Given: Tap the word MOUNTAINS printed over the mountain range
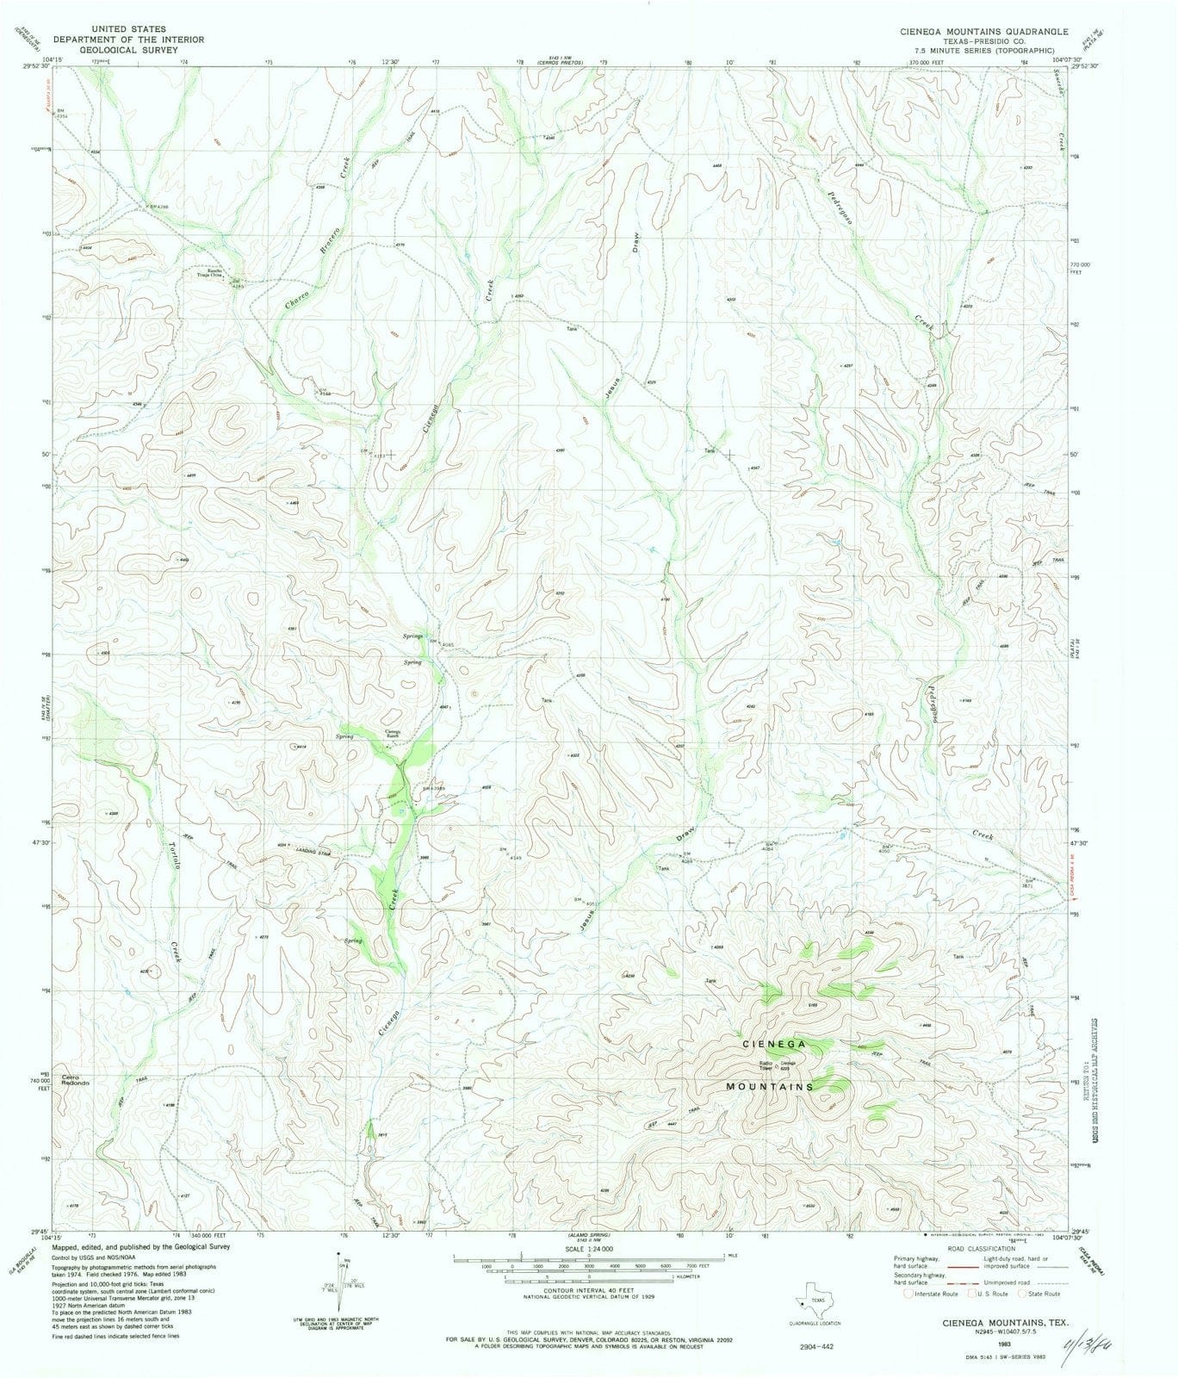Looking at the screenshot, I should [x=770, y=1087].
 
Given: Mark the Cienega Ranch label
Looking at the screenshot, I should [x=392, y=735].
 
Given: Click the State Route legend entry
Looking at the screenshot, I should [x=1042, y=1294].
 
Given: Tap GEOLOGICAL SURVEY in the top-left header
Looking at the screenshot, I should [x=109, y=50].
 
